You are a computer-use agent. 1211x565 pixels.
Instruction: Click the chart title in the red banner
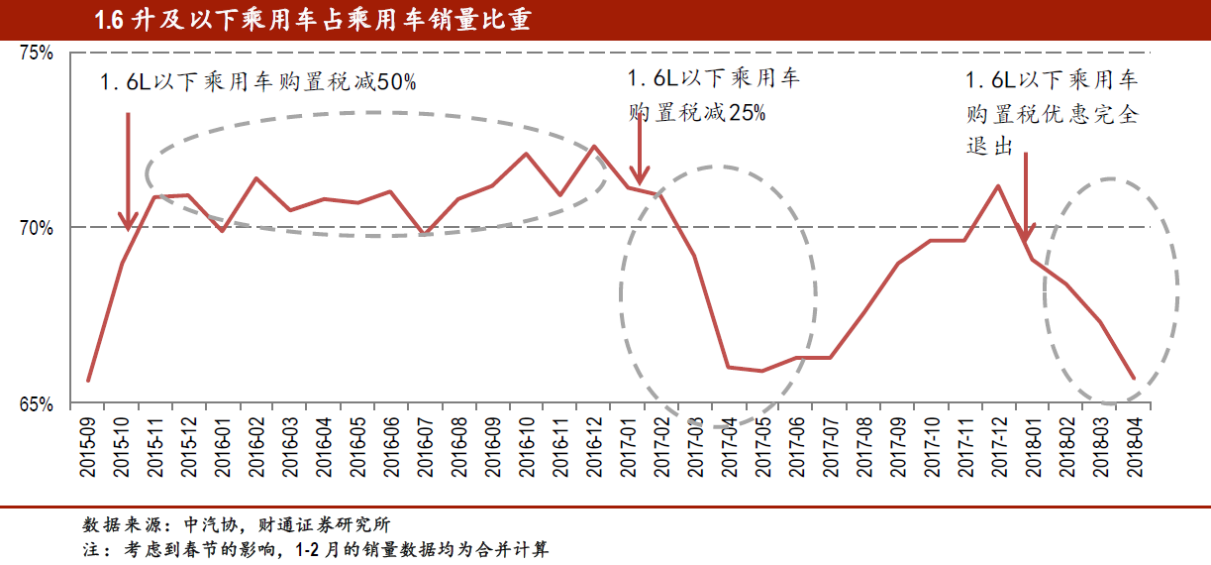312,20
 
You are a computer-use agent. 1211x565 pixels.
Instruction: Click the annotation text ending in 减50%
258,83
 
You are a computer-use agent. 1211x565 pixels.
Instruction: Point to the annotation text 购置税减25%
697,113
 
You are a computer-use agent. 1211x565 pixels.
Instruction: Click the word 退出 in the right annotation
989,146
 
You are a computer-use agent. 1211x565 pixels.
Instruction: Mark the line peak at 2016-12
594,147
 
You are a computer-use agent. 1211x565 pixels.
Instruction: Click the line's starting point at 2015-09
89,381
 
